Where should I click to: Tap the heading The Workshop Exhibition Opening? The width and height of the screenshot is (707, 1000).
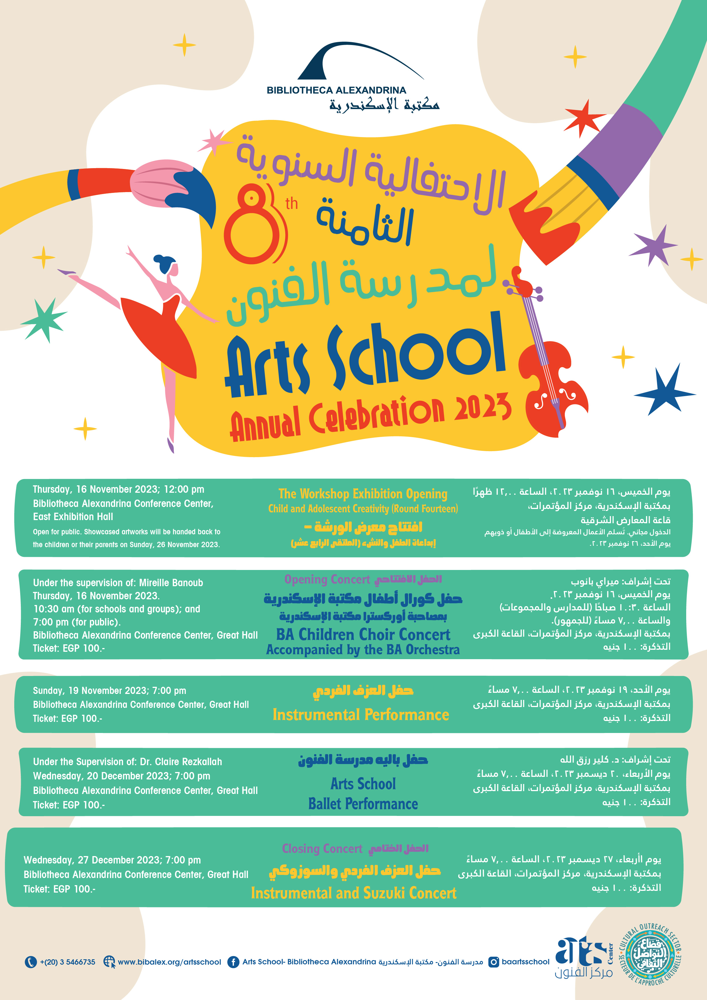(363, 494)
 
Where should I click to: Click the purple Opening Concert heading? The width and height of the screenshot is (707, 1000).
(327, 579)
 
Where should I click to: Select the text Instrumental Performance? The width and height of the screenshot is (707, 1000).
(361, 715)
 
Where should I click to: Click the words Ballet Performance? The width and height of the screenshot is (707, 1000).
(363, 804)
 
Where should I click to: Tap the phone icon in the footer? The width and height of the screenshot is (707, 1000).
(30, 962)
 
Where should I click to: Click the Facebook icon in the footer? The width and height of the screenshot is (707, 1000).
(233, 962)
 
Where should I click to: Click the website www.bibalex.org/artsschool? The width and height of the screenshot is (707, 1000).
(169, 962)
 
